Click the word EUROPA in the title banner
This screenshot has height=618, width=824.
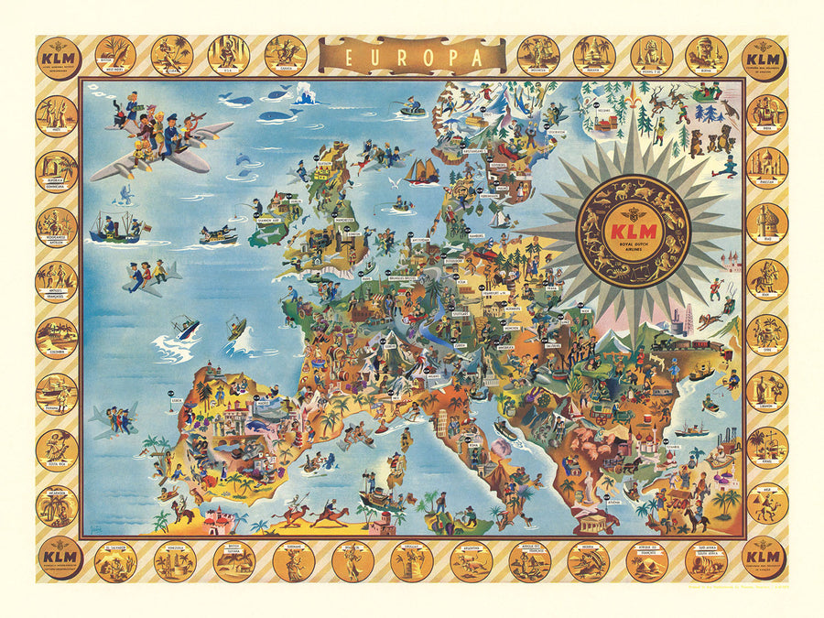(411, 56)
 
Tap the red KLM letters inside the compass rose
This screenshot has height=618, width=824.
(633, 223)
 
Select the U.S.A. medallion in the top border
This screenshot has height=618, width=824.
(228, 55)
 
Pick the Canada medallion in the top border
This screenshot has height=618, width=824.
(285, 55)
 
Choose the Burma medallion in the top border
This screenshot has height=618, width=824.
(706, 55)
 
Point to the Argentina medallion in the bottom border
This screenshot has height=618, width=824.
(472, 561)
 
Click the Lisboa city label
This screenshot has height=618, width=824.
(177, 399)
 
